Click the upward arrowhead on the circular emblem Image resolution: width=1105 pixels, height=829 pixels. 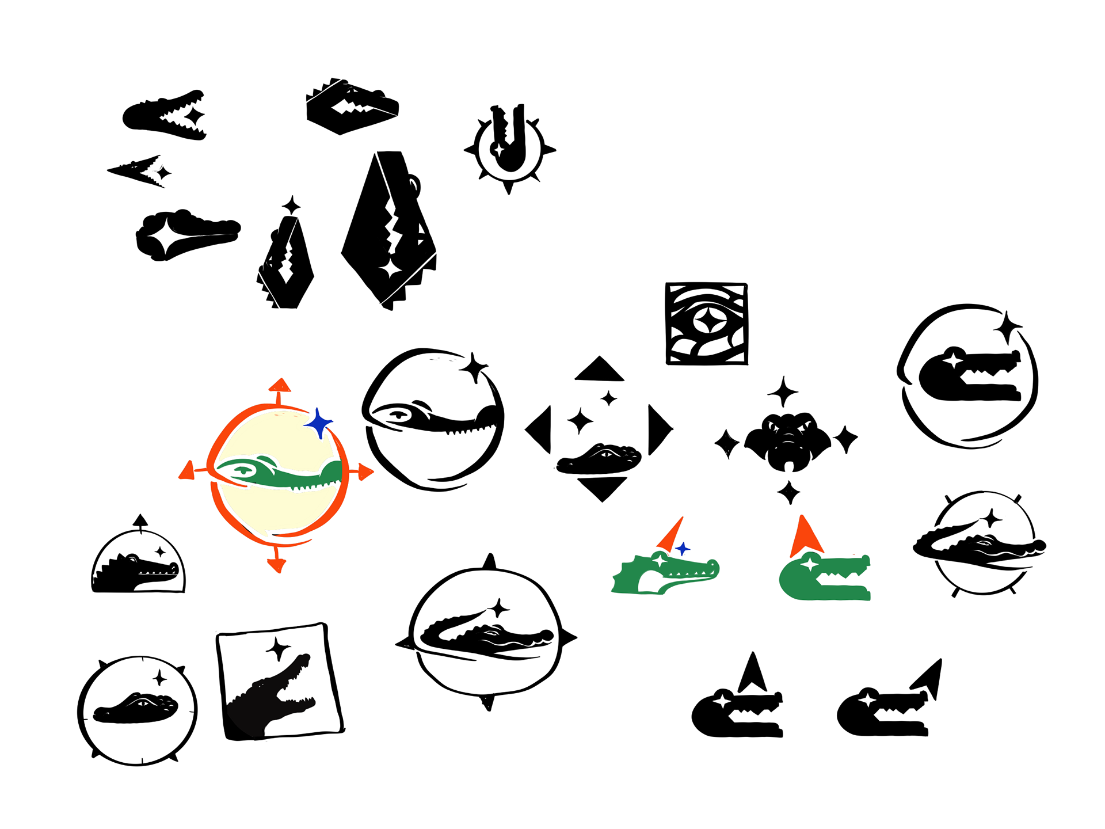(x=280, y=385)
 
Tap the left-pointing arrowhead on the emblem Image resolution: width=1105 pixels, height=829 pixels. (x=187, y=471)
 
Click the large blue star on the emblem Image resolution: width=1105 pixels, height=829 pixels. (x=318, y=424)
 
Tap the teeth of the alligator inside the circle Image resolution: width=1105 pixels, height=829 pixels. (x=311, y=488)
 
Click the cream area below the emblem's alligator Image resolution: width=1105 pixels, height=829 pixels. (x=276, y=509)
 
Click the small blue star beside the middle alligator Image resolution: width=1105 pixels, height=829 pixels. (x=683, y=549)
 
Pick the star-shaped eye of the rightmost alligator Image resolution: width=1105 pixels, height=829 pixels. (x=810, y=564)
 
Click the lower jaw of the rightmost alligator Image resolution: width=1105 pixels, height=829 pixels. (x=840, y=593)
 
